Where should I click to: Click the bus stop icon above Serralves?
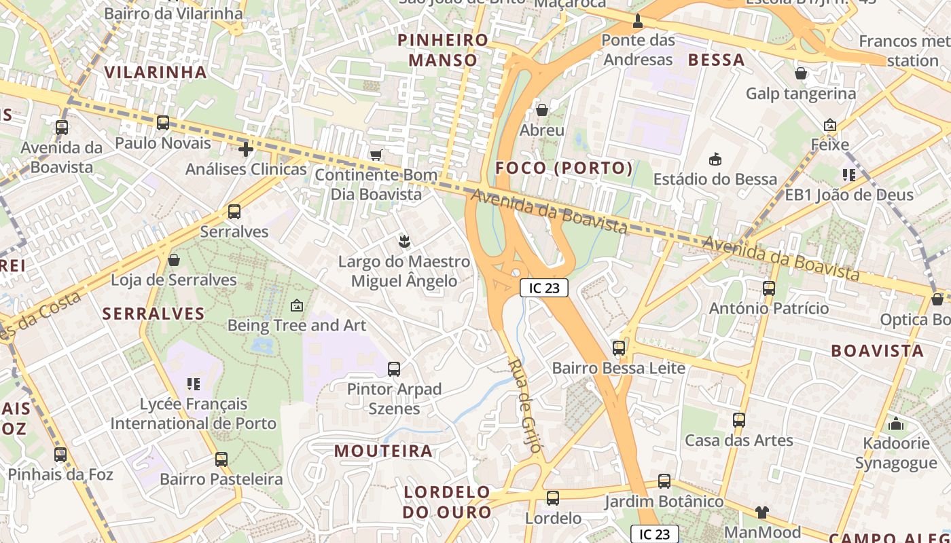click(234, 212)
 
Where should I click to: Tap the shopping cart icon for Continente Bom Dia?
click(376, 155)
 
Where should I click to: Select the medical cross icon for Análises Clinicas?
click(246, 149)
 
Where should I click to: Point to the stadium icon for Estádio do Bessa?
click(715, 160)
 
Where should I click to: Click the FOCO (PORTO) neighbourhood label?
click(564, 168)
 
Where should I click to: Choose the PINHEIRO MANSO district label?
click(443, 50)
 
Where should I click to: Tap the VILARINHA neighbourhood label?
click(156, 72)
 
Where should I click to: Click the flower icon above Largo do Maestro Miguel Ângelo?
click(404, 241)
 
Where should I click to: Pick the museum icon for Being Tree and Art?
click(296, 305)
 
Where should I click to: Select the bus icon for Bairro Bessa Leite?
click(618, 348)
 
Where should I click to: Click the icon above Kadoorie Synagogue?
click(896, 424)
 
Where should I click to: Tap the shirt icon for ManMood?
click(762, 512)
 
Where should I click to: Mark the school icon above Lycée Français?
click(194, 384)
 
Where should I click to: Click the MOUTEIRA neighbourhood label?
click(383, 451)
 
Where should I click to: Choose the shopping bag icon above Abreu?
click(542, 109)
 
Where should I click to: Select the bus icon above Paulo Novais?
click(163, 123)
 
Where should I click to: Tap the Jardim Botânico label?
click(664, 502)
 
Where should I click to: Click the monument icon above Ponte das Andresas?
click(638, 21)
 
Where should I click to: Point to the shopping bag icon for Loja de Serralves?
click(174, 260)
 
